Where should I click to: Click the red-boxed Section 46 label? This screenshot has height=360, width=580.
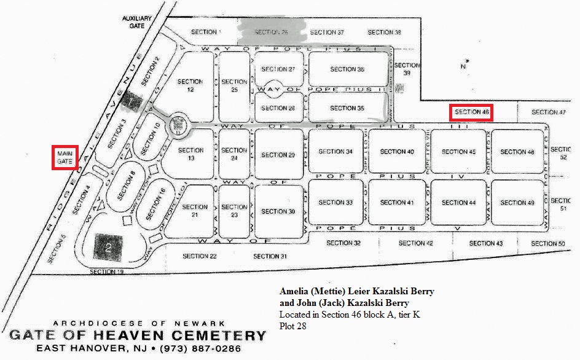(472, 112)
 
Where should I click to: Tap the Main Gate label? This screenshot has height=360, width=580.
(65, 156)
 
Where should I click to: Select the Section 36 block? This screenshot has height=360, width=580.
(347, 69)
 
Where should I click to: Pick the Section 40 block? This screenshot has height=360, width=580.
(397, 151)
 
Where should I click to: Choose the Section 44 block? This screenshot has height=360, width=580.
(458, 202)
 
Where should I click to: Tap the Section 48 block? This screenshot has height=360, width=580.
(517, 151)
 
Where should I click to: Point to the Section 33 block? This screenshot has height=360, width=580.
(336, 202)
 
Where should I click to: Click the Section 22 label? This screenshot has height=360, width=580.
(200, 256)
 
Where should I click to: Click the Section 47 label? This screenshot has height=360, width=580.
(548, 112)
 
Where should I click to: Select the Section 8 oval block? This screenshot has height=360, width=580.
(127, 183)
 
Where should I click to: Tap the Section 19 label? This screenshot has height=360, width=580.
(107, 272)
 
